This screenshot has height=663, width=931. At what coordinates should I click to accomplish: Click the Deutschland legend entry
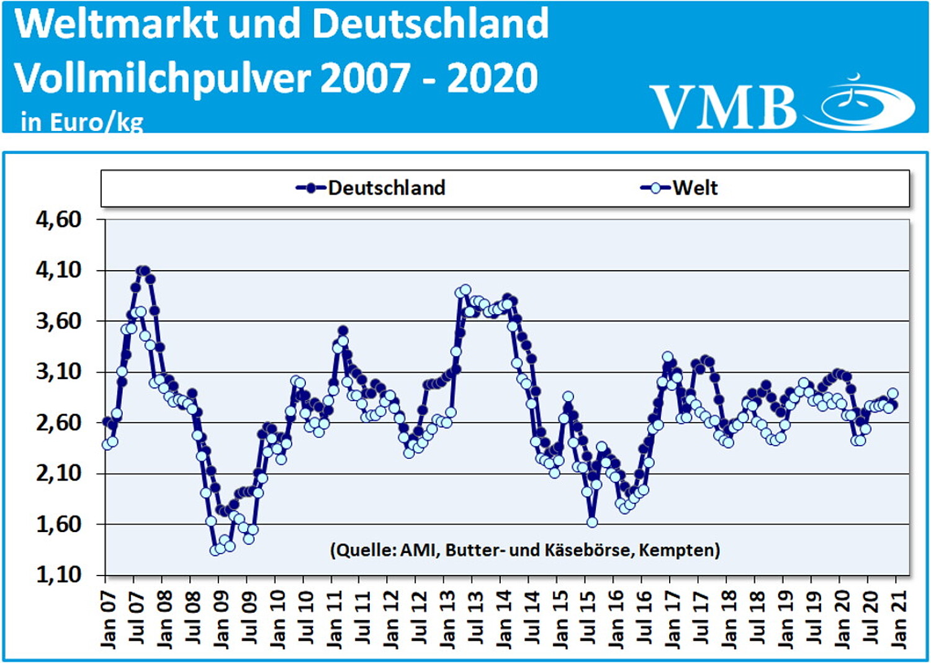coord(371,187)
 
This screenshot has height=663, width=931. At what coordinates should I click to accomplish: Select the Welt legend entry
coord(680,187)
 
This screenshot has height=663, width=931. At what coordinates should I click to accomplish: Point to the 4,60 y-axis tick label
coord(59,219)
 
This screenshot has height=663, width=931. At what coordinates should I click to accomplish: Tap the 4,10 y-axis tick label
coord(59,270)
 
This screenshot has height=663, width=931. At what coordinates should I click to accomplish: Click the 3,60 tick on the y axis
coord(59,321)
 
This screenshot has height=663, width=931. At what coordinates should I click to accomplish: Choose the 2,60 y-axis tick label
coord(59,423)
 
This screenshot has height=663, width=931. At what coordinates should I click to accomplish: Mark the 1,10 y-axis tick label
coord(59,575)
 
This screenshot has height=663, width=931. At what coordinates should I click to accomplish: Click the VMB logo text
coord(723,107)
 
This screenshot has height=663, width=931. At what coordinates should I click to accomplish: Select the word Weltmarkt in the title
coord(116,24)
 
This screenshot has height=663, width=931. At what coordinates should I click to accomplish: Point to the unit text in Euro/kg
coord(82,122)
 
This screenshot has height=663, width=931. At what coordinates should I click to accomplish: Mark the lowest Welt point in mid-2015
coord(591,522)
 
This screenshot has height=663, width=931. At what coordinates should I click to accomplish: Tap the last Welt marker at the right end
coord(893,393)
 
